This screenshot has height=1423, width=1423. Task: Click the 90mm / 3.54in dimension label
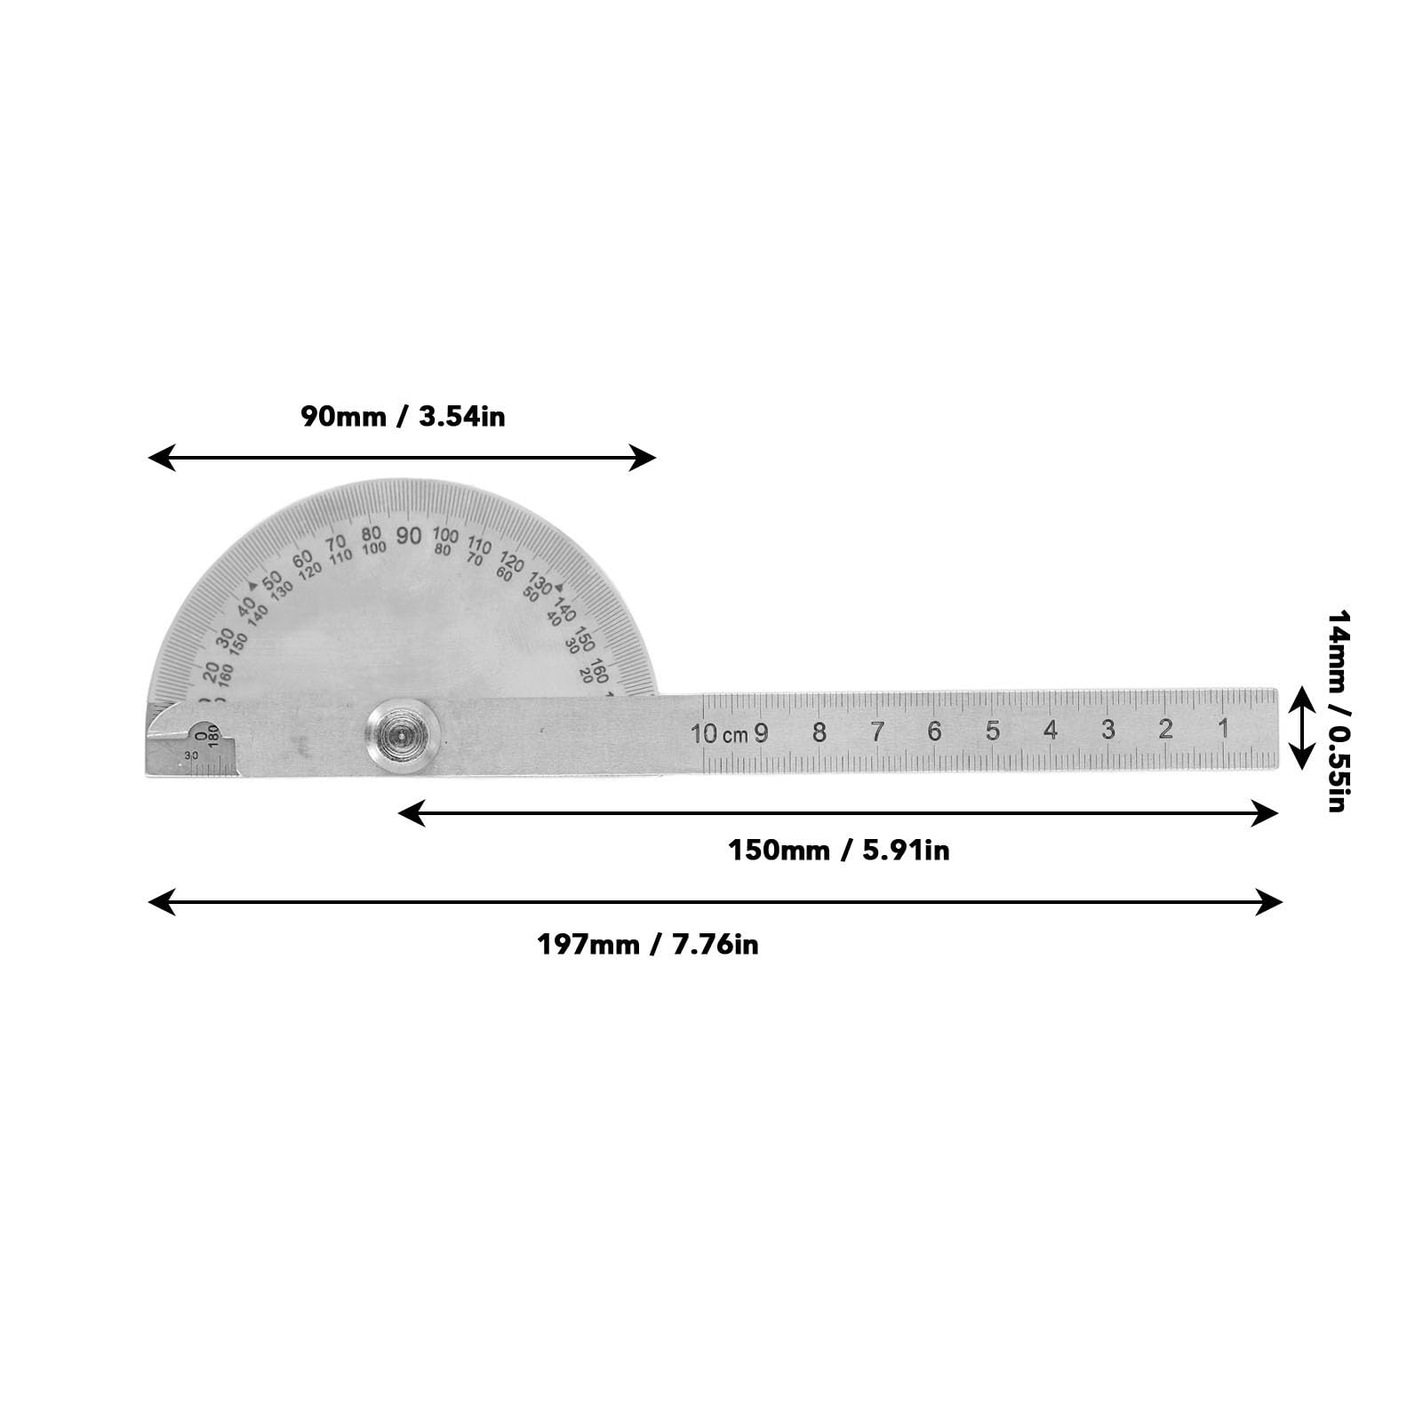(x=403, y=416)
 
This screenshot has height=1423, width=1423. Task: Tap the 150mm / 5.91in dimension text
(x=838, y=851)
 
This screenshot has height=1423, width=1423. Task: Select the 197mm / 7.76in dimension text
(x=647, y=944)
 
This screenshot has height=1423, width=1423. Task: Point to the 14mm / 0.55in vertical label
(x=1338, y=710)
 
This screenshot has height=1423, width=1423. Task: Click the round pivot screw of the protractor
(x=403, y=733)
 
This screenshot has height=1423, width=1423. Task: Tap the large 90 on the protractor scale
(x=409, y=536)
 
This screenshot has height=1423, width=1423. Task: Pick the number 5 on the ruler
(x=993, y=731)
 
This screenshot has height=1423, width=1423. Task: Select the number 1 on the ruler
(x=1223, y=729)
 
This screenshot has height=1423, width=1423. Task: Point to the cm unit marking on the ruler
(x=735, y=736)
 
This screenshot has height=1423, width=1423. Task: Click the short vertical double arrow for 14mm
(x=1301, y=728)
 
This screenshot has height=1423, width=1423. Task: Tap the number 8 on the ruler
(x=819, y=732)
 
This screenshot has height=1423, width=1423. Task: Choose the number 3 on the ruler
(x=1107, y=730)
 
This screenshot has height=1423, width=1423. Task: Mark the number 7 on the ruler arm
(x=877, y=732)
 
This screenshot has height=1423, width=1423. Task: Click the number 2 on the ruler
(x=1165, y=730)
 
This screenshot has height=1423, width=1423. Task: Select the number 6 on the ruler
(x=934, y=731)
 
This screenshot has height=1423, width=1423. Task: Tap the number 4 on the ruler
(x=1051, y=731)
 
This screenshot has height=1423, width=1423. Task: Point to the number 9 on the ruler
(x=762, y=733)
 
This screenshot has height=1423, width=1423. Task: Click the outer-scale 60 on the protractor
(x=303, y=558)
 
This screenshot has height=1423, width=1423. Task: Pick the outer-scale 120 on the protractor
(x=512, y=562)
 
